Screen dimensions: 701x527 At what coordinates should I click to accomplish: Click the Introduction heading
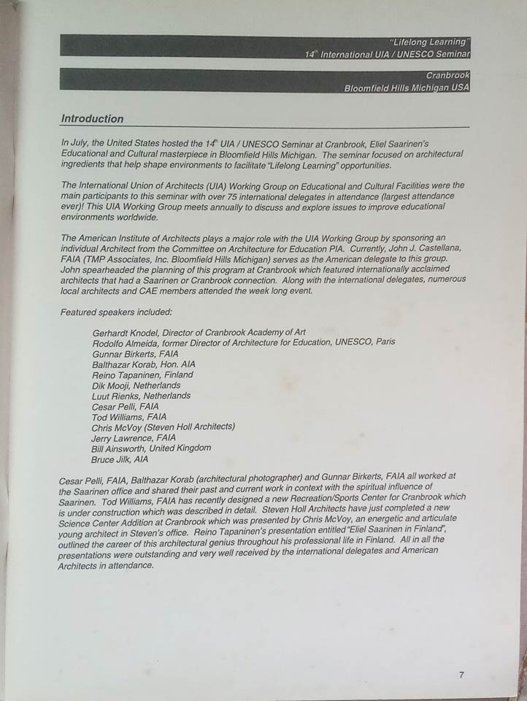pos(92,119)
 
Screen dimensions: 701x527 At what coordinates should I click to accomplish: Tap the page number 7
pos(461,675)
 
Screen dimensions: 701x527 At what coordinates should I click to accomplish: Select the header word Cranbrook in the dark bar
pos(447,75)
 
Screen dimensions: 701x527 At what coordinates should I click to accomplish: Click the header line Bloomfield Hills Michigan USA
pos(407,88)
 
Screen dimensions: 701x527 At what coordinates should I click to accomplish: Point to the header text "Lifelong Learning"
pos(428,42)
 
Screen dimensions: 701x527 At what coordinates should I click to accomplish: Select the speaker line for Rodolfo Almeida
pos(244,342)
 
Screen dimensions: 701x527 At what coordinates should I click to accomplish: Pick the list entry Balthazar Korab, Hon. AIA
pos(144,364)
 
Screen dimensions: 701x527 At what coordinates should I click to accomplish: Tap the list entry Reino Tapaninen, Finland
pos(142,375)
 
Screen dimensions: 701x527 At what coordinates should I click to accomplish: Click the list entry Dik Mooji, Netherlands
pos(136,385)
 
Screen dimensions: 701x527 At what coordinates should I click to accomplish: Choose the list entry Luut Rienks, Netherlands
pos(141,396)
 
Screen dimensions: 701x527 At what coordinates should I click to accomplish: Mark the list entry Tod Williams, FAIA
pos(129,417)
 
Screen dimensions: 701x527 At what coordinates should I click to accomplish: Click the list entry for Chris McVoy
pos(163,427)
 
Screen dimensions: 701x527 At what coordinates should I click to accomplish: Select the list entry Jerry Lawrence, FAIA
pos(134,438)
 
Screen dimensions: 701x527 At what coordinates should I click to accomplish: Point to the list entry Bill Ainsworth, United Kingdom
pos(151,449)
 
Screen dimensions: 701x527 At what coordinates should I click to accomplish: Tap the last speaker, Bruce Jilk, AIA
pos(120,460)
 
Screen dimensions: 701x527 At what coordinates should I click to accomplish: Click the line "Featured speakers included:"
pos(117,313)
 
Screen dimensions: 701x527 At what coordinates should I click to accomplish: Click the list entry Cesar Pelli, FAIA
pos(125,407)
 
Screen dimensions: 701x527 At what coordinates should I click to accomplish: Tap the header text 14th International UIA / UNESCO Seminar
pos(388,55)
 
